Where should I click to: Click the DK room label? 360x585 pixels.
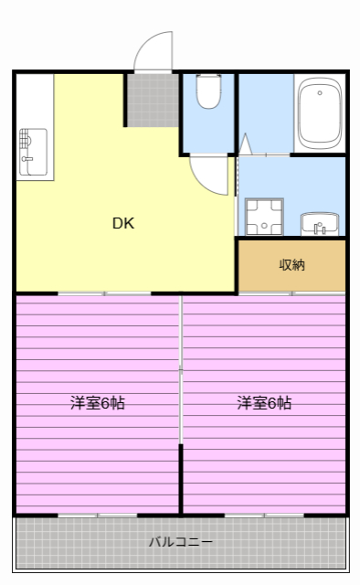122,222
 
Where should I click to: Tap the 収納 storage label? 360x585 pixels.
291,265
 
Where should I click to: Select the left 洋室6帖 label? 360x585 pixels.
98,402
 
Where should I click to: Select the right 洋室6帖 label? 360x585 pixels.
264,402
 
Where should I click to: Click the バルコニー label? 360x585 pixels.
182,541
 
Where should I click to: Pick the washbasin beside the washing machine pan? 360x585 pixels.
319,222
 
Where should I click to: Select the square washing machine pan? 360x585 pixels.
263,217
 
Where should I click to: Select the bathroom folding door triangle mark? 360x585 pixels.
244,144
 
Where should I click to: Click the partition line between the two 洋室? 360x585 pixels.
180,402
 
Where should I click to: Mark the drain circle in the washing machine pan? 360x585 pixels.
263,217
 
